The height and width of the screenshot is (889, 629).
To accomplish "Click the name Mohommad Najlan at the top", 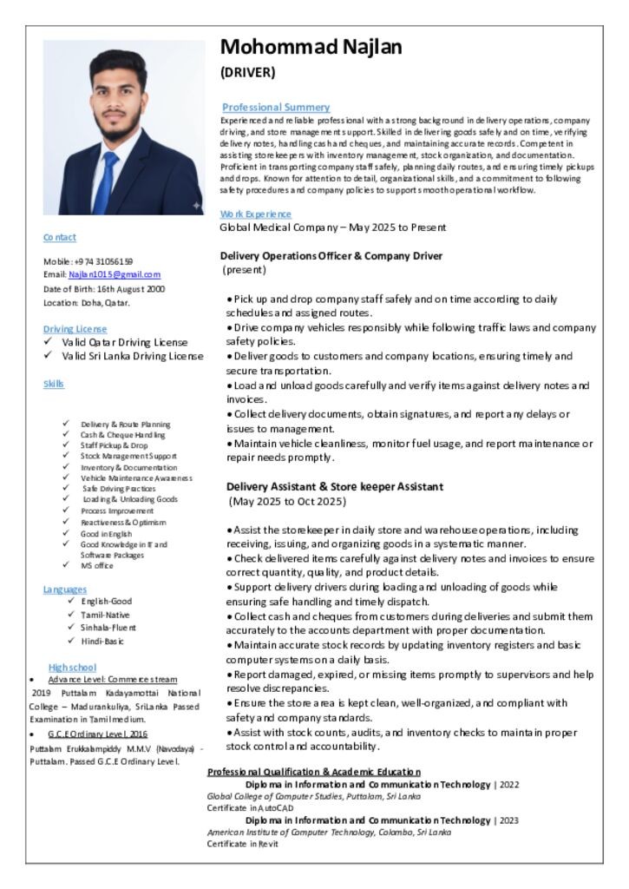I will (x=311, y=47).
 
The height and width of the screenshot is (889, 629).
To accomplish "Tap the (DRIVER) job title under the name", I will (x=247, y=72).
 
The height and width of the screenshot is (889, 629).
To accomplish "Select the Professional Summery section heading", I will (x=275, y=107).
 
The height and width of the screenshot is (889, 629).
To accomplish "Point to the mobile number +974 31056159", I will (x=103, y=260).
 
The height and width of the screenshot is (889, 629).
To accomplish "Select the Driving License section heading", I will (x=75, y=329).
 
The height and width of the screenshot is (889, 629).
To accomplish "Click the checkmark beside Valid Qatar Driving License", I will (x=48, y=342).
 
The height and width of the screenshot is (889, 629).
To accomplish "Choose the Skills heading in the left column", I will (x=54, y=384).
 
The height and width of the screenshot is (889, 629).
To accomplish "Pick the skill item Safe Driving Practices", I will (x=119, y=489).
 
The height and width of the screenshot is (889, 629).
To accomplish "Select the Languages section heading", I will (x=65, y=589).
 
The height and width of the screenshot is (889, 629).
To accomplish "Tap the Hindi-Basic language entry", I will (x=102, y=642).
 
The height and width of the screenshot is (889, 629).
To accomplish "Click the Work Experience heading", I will (x=256, y=214).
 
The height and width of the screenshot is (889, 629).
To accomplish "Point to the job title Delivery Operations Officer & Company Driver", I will (x=331, y=256).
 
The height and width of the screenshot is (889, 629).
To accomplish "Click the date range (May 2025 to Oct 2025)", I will (x=287, y=502).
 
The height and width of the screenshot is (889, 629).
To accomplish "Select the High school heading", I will (x=72, y=667).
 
